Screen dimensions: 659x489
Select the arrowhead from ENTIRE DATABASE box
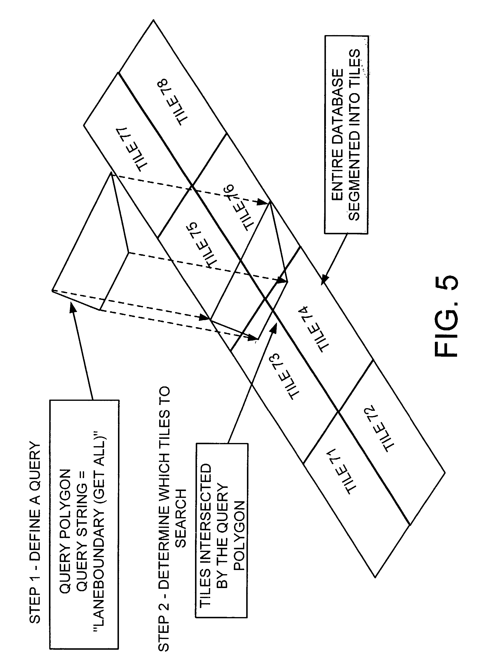click(x=324, y=280)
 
